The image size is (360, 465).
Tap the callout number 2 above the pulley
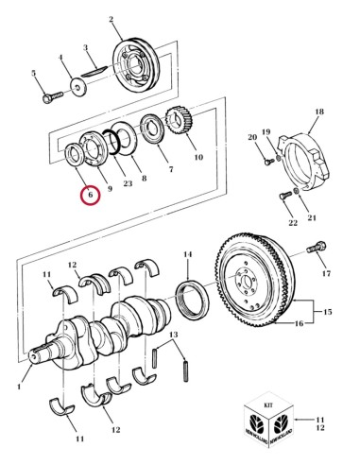click(111, 20)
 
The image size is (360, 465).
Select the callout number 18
click(318, 112)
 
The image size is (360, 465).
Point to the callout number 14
click(187, 253)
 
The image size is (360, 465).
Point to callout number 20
click(252, 139)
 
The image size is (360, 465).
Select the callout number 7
click(171, 170)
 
